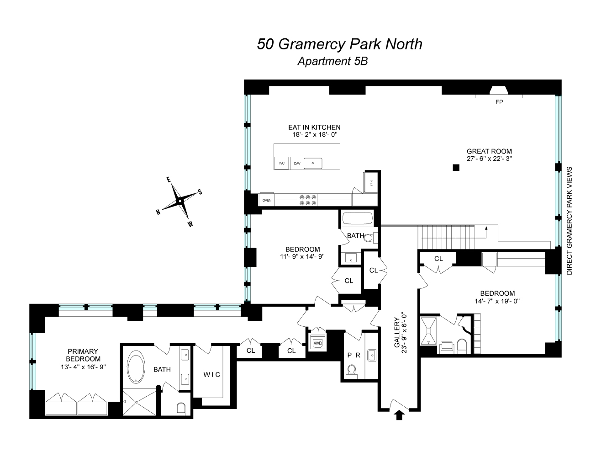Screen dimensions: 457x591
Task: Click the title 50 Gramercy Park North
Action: (x=339, y=44)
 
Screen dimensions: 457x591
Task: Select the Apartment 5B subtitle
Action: (x=332, y=61)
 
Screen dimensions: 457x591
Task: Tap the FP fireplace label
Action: (x=499, y=102)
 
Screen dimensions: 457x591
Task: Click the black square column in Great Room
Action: (x=455, y=168)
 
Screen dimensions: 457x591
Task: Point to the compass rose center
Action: (x=180, y=201)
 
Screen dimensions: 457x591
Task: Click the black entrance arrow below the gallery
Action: (x=399, y=415)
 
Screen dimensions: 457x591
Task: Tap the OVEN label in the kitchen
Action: (x=267, y=200)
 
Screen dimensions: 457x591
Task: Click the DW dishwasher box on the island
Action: (x=297, y=163)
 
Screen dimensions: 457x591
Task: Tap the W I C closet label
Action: (x=211, y=375)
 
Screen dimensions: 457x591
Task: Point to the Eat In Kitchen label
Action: (x=314, y=128)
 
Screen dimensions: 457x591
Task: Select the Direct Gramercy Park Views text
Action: (x=569, y=220)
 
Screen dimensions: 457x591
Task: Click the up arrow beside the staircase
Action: (x=486, y=229)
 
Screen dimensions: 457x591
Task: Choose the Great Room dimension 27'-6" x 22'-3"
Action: (x=489, y=159)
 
